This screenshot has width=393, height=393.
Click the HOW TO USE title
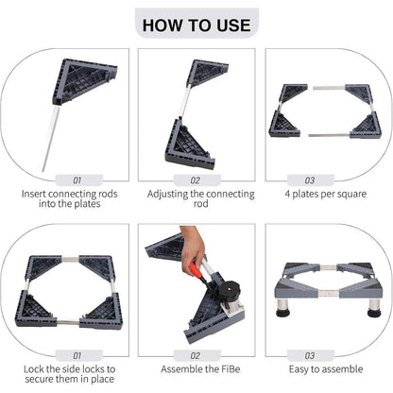196,26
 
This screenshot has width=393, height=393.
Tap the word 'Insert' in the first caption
34,194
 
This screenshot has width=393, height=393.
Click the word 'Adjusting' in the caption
167,195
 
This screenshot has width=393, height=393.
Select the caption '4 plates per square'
326,194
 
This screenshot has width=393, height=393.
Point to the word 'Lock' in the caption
34,368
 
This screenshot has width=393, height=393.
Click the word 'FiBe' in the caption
231,368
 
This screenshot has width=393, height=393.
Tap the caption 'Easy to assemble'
326,369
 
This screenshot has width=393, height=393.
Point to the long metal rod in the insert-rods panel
51,139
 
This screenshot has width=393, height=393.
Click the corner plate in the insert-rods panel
84,81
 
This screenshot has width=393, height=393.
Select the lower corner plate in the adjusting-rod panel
190,144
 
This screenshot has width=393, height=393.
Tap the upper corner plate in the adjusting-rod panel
207,72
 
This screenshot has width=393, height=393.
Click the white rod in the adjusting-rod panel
185,101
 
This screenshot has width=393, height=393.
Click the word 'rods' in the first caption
107,194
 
